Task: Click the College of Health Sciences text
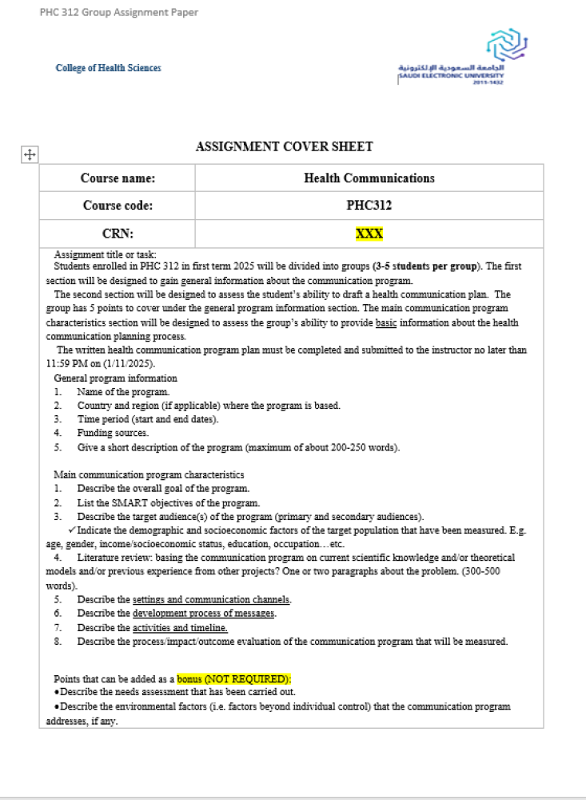click(108, 68)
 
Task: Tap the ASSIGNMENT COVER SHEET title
click(284, 146)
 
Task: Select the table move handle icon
click(28, 155)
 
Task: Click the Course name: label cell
click(118, 178)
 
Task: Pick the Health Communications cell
click(369, 178)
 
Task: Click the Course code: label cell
click(118, 206)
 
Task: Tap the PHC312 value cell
click(369, 206)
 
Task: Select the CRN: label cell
click(118, 234)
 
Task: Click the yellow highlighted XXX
click(369, 234)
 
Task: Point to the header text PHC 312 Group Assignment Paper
click(118, 12)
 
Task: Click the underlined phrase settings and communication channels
click(212, 599)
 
